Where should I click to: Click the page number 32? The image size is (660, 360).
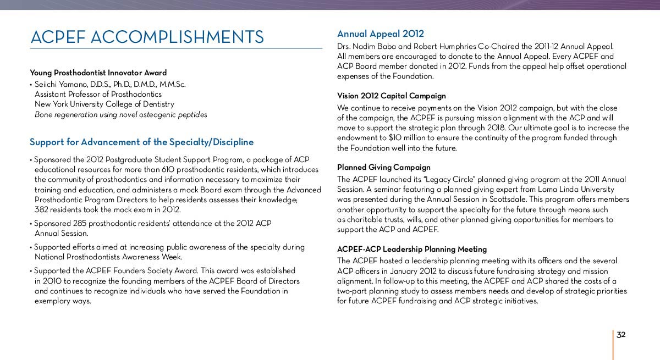click(621, 335)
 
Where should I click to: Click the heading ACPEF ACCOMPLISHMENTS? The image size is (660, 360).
click(147, 37)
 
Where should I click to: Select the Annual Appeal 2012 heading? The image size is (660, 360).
click(381, 34)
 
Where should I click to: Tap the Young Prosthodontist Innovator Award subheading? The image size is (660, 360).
click(98, 73)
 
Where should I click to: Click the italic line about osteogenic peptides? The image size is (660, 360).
click(120, 114)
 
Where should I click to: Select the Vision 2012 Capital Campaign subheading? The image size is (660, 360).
click(391, 96)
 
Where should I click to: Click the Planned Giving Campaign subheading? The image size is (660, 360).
click(383, 167)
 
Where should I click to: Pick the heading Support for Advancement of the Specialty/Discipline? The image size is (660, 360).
click(141, 142)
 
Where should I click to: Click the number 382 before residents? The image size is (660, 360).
click(41, 209)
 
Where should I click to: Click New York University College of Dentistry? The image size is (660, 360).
click(104, 104)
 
